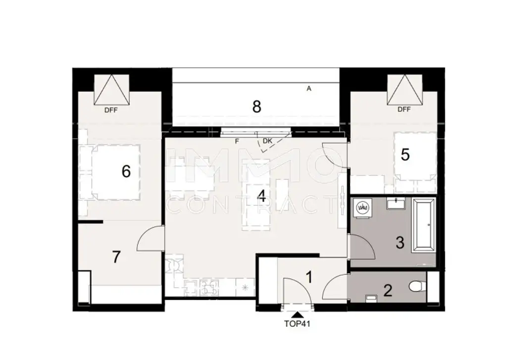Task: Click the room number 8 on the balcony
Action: tap(256, 106)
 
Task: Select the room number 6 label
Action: tap(126, 172)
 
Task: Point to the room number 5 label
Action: tap(405, 155)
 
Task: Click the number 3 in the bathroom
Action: tap(400, 243)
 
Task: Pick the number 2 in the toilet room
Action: tap(388, 290)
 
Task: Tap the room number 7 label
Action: tap(116, 257)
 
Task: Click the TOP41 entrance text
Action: tap(297, 325)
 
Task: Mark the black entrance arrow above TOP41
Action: tap(297, 314)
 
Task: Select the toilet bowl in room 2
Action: tap(416, 287)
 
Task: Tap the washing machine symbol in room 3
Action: tap(363, 207)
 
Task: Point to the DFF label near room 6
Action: tap(111, 110)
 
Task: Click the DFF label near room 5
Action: tap(404, 110)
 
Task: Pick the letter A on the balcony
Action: tap(309, 89)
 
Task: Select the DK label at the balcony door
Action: tap(267, 141)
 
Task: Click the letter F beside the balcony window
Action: tap(237, 142)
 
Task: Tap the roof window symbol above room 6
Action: tap(111, 90)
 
